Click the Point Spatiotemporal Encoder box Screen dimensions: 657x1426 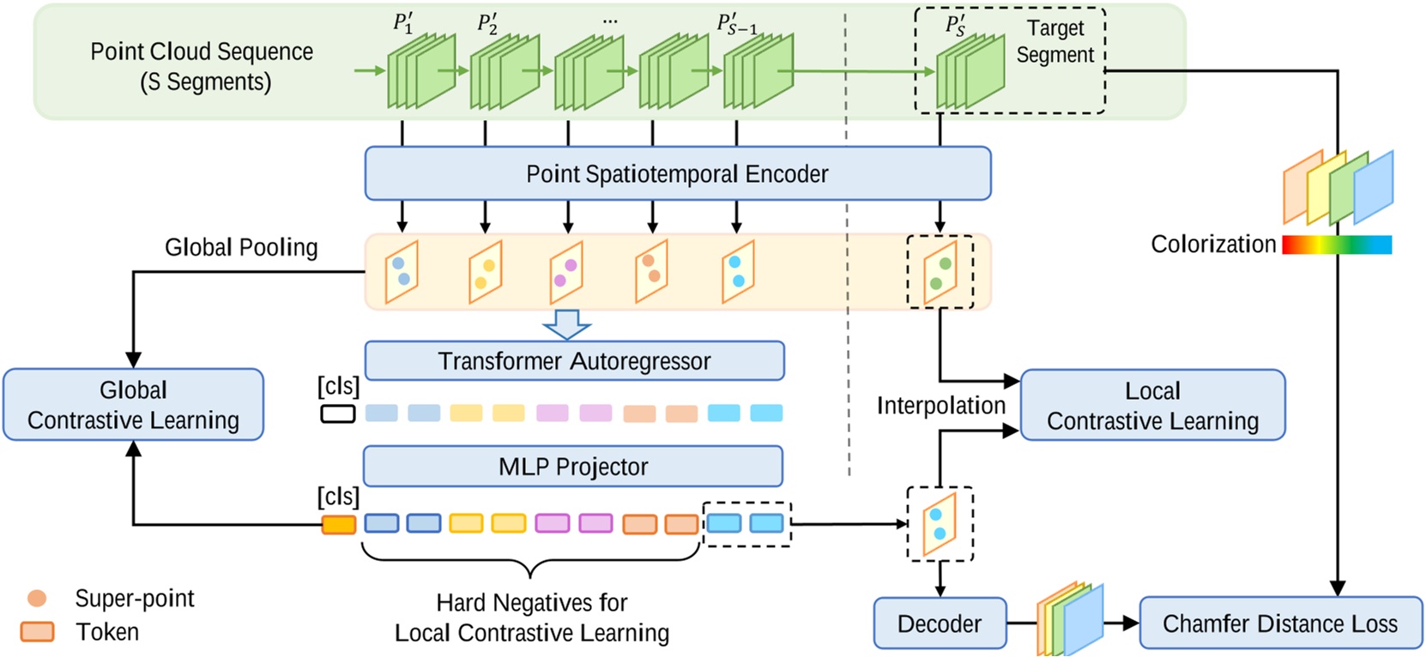[677, 173]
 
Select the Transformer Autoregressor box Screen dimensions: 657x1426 [574, 361]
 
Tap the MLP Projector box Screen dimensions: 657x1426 [573, 467]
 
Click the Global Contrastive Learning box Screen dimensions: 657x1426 [133, 405]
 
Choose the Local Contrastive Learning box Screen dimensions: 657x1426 [1152, 405]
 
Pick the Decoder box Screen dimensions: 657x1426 [940, 624]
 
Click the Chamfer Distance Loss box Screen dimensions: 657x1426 [1279, 624]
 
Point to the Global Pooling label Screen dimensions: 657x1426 [241, 247]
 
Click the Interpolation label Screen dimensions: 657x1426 [940, 406]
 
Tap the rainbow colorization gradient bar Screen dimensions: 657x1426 [1336, 245]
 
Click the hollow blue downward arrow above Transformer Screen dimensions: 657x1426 [567, 324]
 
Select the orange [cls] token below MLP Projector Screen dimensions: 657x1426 [339, 524]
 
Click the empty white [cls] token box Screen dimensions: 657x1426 [338, 414]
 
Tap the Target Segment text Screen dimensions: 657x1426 [1054, 41]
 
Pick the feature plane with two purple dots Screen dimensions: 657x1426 [566, 273]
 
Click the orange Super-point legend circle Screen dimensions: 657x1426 [37, 598]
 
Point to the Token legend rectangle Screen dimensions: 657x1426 [37, 632]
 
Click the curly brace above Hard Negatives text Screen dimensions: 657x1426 [531, 564]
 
